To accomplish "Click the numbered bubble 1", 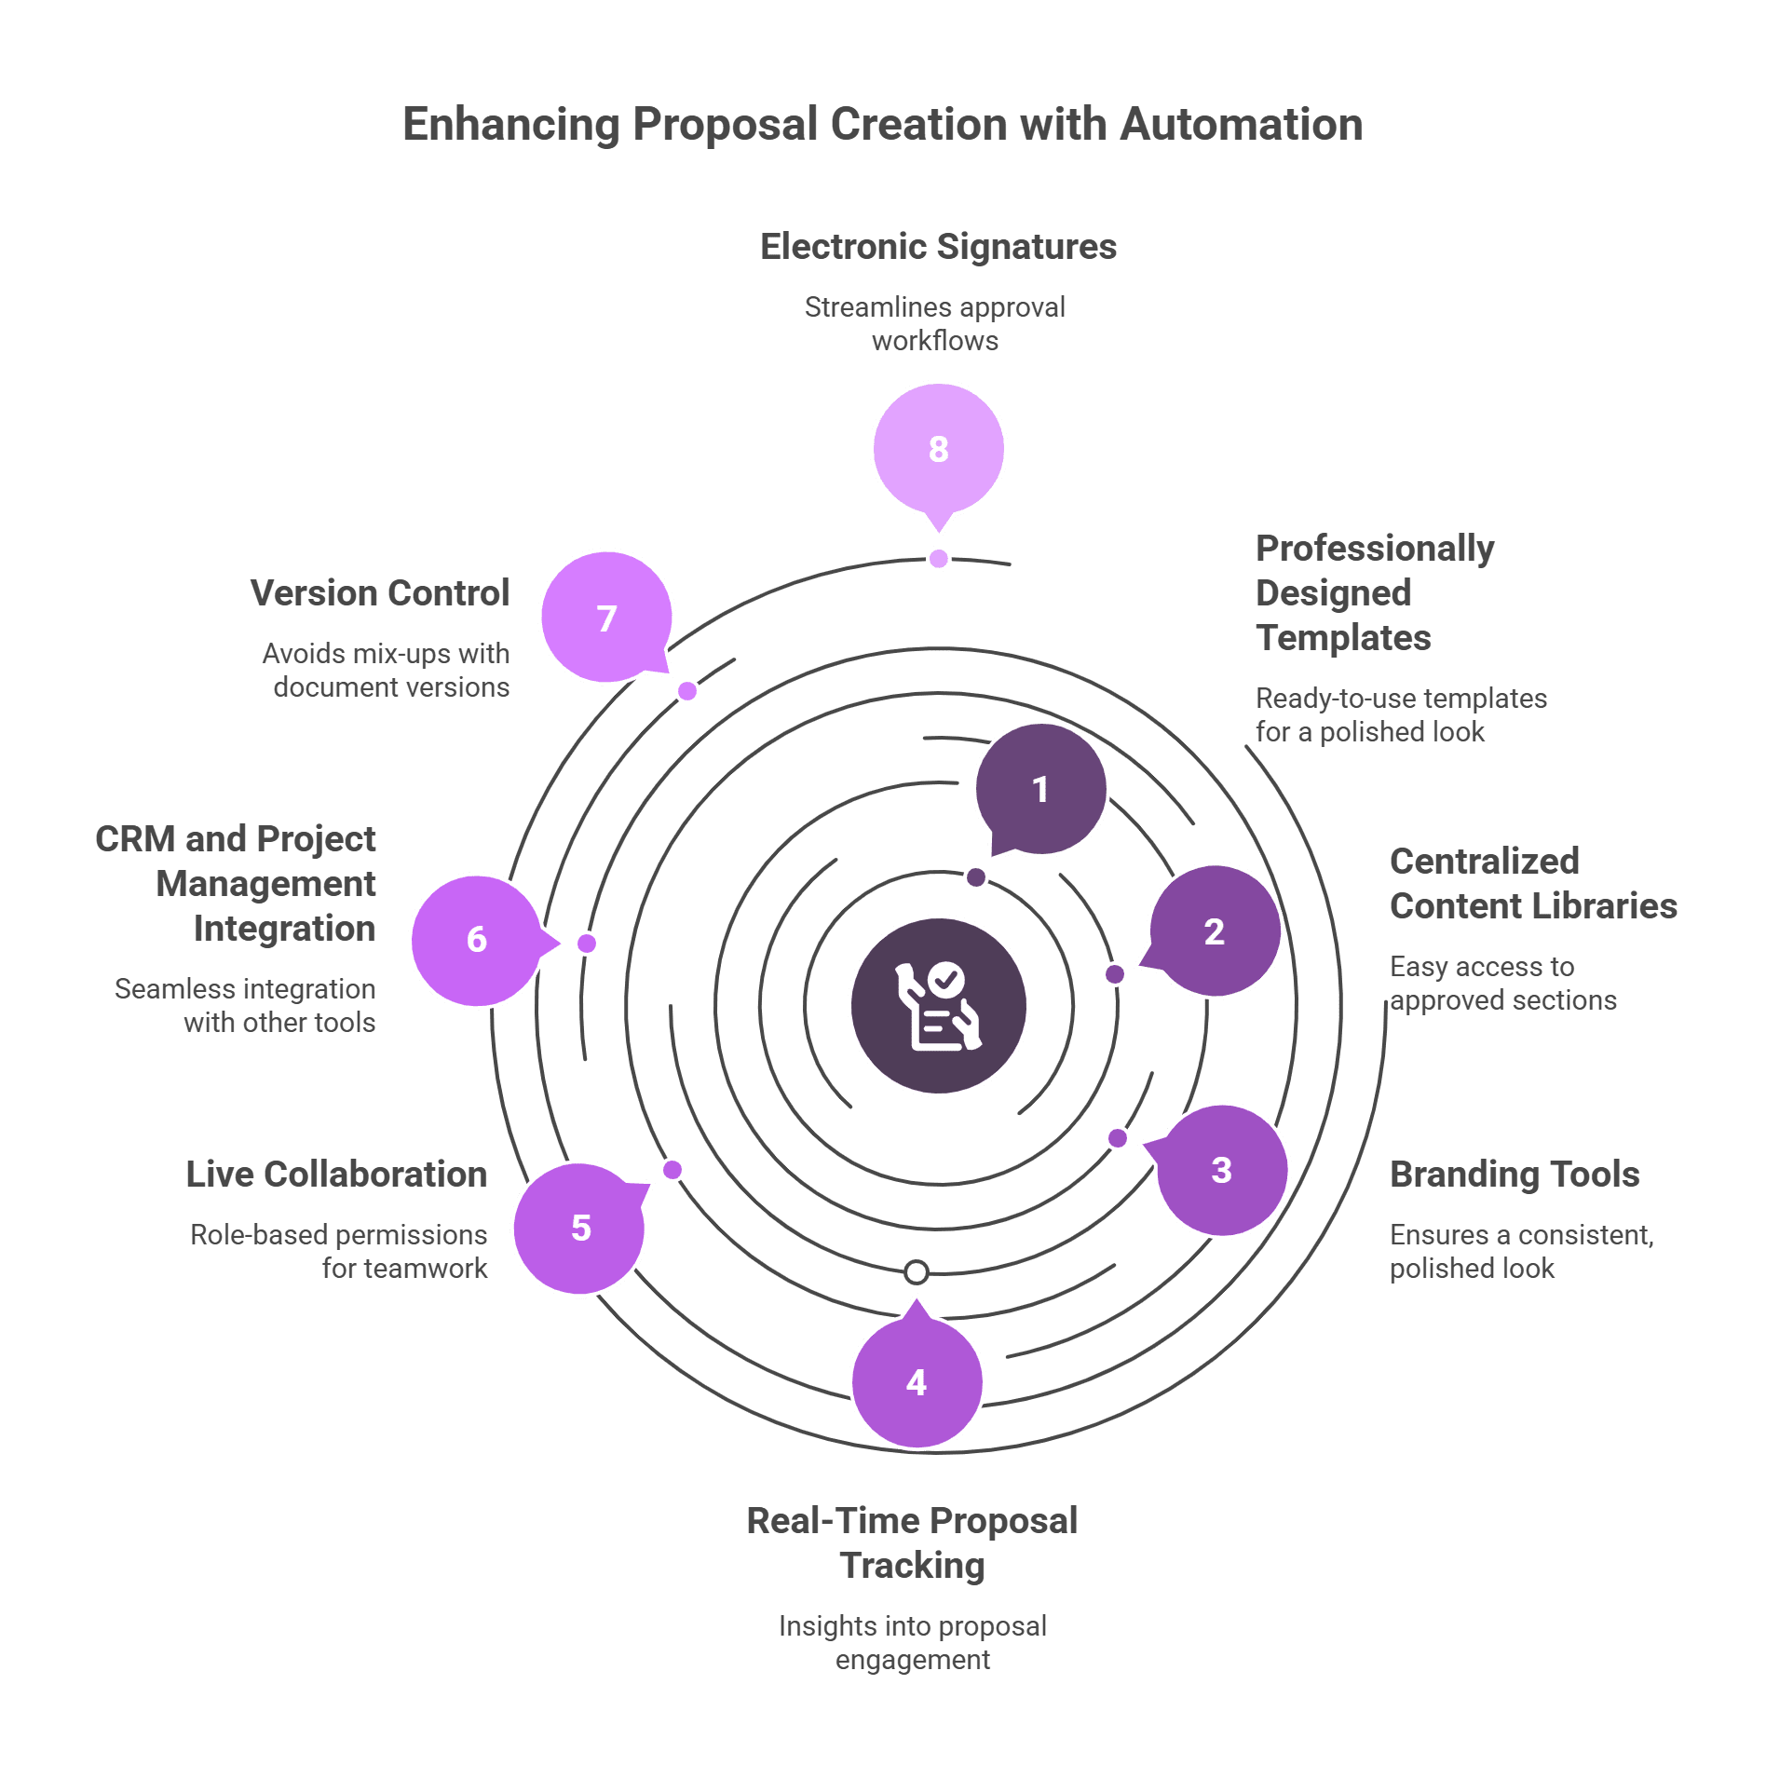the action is click(x=1040, y=789).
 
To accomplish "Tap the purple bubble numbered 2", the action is click(x=1214, y=931).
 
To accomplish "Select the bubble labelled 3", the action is click(x=1221, y=1170).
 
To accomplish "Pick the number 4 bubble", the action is click(x=917, y=1381).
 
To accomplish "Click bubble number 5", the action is click(x=579, y=1228).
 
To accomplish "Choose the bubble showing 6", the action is click(x=477, y=941).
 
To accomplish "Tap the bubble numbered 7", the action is click(x=606, y=618).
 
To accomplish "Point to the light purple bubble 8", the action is click(x=939, y=449).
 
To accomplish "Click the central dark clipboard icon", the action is click(x=939, y=1006).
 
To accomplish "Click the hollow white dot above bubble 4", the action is click(x=917, y=1271).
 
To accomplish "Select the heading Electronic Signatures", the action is click(x=938, y=247).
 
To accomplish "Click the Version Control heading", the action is click(x=380, y=593).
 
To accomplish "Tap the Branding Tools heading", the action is click(x=1515, y=1175).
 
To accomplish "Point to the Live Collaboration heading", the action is click(x=336, y=1175).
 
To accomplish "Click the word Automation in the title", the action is click(x=1242, y=124).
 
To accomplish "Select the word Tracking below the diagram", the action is click(x=913, y=1566).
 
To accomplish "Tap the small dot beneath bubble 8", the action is click(x=939, y=559).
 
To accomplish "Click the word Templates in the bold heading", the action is click(x=1343, y=639).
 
